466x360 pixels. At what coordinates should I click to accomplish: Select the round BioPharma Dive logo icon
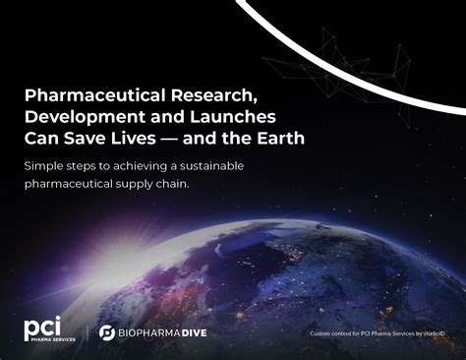[106, 333]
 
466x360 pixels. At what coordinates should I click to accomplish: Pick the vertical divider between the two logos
[87, 332]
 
